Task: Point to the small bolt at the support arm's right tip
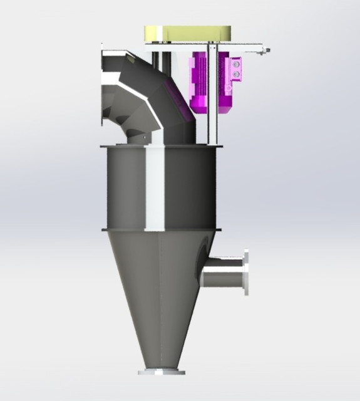(x=267, y=49)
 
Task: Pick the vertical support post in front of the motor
(x=213, y=94)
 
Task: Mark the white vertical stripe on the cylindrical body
(x=155, y=188)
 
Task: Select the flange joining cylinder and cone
(x=162, y=229)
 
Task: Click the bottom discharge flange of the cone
(x=162, y=372)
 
